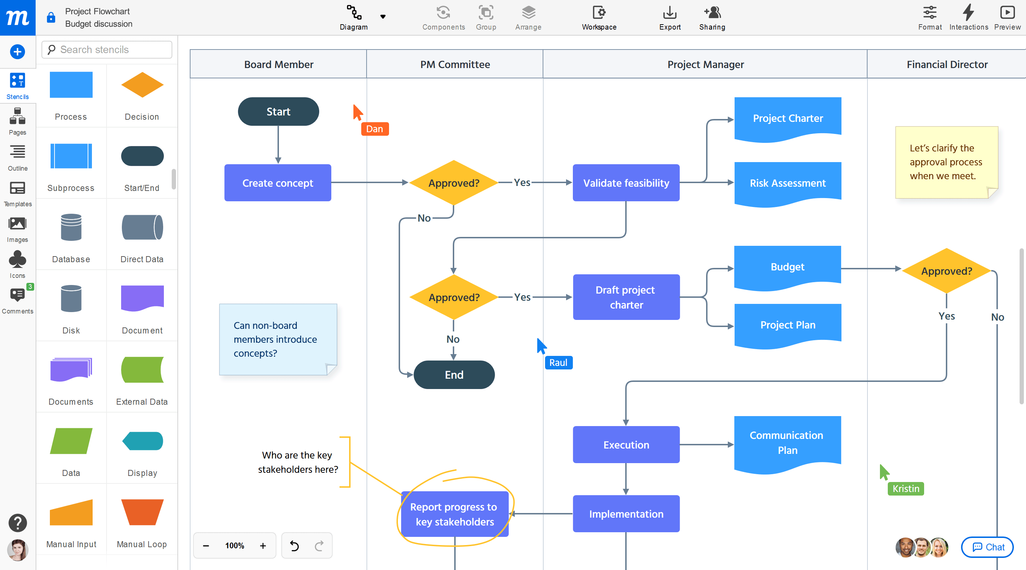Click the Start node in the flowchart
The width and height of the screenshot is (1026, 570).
(278, 112)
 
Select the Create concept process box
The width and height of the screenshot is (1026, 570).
(278, 183)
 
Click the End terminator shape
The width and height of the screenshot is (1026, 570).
(454, 374)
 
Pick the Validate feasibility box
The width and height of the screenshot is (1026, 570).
(626, 183)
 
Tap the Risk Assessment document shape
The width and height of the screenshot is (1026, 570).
(787, 183)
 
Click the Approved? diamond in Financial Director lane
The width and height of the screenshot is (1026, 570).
(946, 271)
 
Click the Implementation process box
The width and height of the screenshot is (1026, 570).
(626, 513)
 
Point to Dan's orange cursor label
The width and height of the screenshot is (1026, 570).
(374, 129)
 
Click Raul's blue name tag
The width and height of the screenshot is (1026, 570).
(558, 362)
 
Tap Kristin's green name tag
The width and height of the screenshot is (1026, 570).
(905, 488)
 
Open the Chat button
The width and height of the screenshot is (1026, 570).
(988, 547)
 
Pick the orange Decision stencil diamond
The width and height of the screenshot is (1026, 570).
(142, 85)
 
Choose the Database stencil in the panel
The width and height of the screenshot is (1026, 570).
(71, 227)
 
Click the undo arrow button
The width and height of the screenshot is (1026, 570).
(294, 545)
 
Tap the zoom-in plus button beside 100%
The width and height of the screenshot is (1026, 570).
(263, 545)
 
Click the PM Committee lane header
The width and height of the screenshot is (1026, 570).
(455, 64)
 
